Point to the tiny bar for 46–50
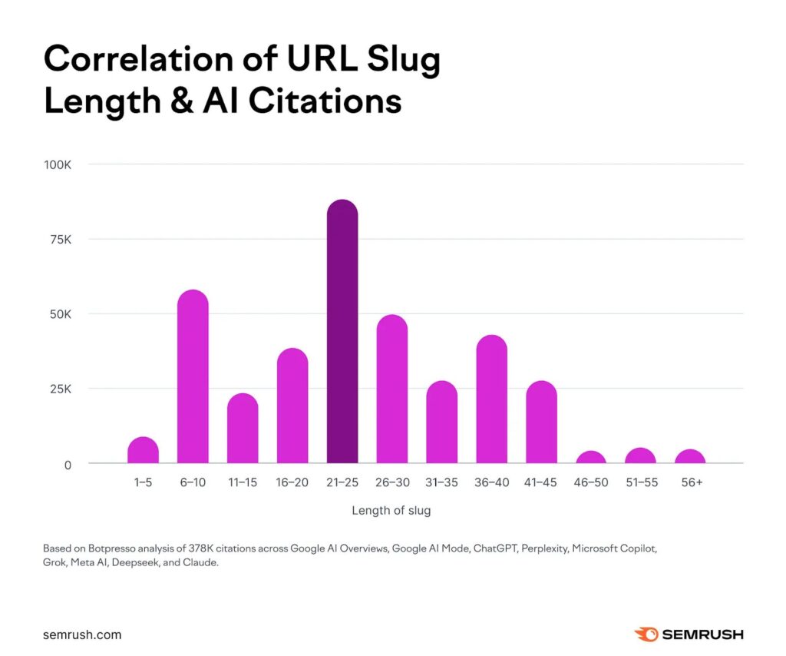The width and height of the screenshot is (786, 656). coord(591,458)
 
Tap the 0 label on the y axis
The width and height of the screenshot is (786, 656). coord(68,465)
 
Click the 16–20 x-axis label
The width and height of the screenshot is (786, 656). coord(292,482)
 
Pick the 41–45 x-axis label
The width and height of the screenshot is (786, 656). coord(541,482)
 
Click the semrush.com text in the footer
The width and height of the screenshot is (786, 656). coord(82,635)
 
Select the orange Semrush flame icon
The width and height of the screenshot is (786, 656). coord(645,634)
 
